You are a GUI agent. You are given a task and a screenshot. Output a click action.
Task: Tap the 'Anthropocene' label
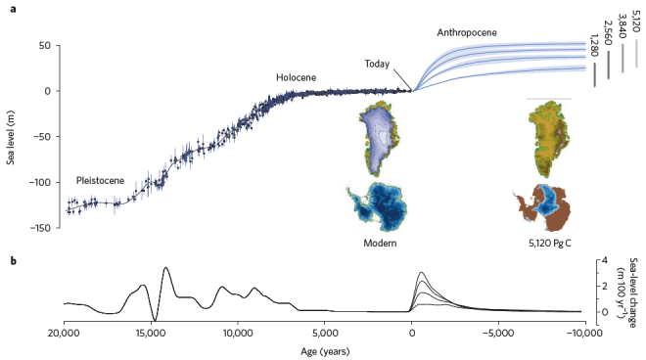[467, 32]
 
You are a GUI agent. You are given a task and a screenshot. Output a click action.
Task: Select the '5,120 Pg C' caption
[548, 242]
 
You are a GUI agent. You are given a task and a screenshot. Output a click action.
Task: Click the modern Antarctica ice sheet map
[383, 204]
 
